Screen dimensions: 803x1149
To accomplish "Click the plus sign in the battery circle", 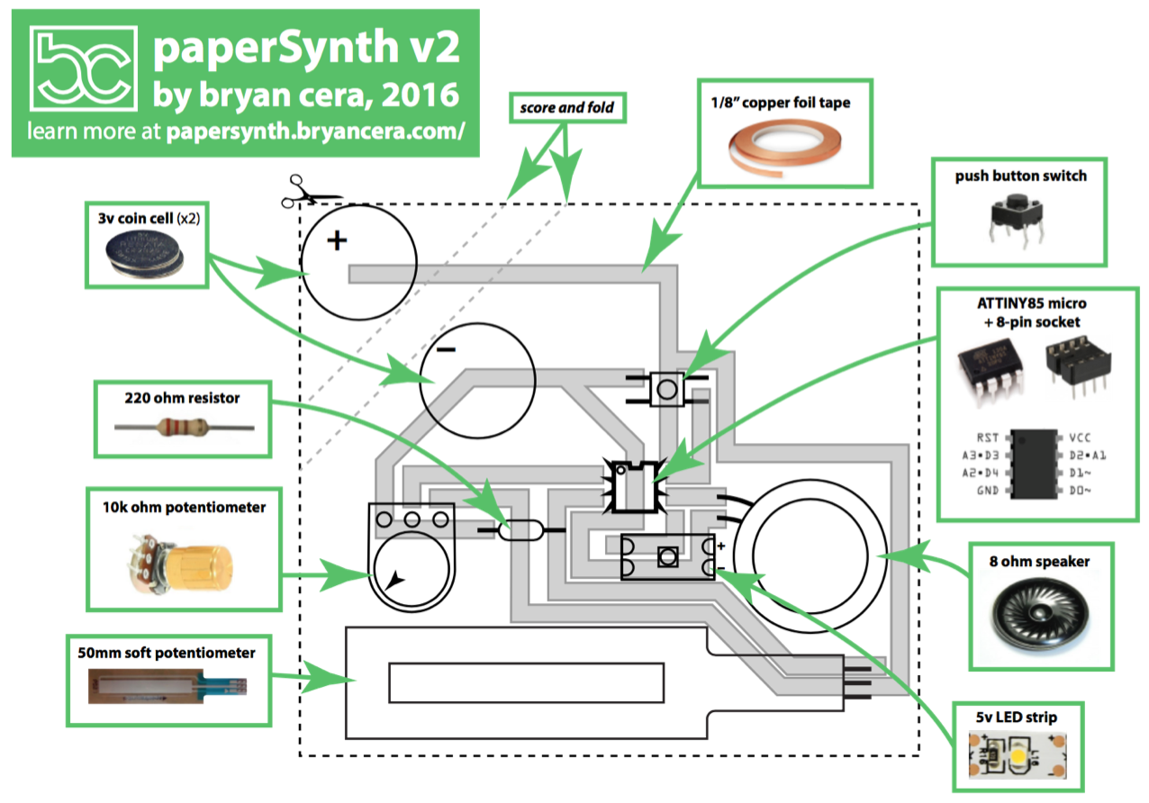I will [x=337, y=240].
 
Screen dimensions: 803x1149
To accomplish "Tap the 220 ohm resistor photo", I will [x=185, y=429].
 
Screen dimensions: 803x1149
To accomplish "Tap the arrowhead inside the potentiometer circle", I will [x=394, y=582].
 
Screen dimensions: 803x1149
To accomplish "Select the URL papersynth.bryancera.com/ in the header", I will [x=315, y=132].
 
